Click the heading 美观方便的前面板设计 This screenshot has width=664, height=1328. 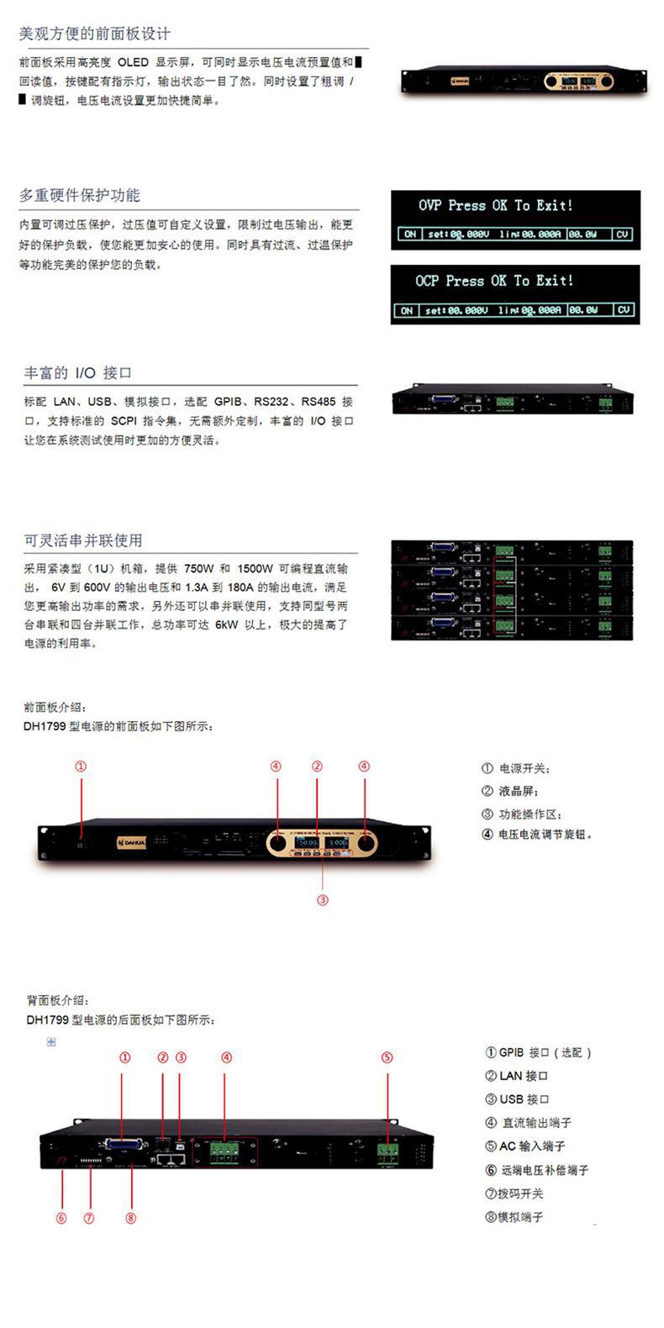94,34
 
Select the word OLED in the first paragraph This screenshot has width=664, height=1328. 133,63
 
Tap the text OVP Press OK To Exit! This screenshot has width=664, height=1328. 496,206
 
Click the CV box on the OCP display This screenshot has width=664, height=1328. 623,310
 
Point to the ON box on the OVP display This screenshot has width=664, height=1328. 409,235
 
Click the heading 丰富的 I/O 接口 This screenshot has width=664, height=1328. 78,372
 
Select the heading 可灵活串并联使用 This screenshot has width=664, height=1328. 83,540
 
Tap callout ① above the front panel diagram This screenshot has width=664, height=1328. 81,767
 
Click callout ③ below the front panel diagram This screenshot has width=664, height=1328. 323,900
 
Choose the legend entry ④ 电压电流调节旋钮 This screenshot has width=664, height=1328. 537,835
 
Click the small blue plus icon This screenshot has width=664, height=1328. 51,1042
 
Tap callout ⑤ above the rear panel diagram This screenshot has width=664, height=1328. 387,1057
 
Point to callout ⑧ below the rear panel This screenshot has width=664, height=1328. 130,1218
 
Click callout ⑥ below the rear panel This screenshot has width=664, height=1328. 61,1218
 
